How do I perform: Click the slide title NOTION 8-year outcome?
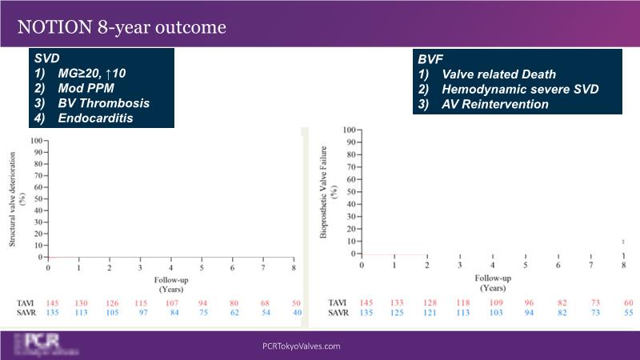[x=122, y=26]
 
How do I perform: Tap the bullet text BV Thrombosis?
[x=103, y=104]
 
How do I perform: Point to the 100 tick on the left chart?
[x=36, y=140]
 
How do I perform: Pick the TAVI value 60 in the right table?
[x=627, y=302]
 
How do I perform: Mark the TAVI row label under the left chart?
[x=26, y=302]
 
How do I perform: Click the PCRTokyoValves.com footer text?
[x=302, y=346]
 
